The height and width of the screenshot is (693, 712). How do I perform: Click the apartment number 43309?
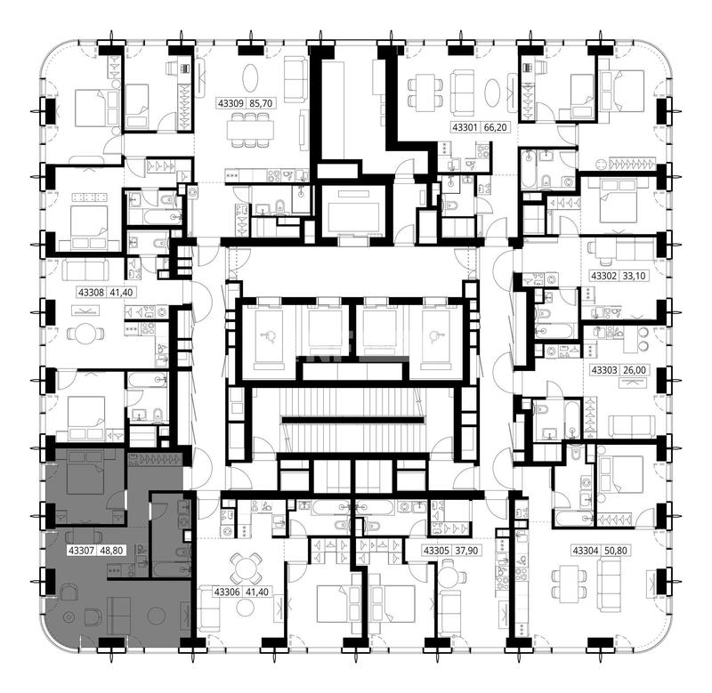click(231, 103)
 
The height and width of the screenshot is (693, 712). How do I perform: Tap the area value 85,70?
click(261, 103)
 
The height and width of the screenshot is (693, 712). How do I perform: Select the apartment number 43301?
click(465, 127)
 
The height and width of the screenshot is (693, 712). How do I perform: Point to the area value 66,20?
click(495, 127)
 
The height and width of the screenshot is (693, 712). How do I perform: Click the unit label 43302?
click(603, 276)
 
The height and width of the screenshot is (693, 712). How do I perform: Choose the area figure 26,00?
click(634, 370)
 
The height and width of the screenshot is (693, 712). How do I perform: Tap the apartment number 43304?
click(586, 551)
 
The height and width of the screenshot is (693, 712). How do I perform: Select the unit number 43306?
click(227, 592)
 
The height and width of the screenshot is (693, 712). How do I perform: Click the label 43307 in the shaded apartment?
click(81, 551)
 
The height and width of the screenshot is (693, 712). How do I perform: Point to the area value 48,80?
click(111, 551)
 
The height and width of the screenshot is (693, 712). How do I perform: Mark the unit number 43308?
click(92, 293)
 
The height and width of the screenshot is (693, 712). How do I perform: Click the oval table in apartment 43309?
click(251, 78)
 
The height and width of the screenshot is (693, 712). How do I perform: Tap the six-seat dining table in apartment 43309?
click(251, 130)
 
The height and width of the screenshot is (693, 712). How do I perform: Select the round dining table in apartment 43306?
click(246, 568)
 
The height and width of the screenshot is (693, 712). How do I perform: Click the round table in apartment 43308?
click(85, 334)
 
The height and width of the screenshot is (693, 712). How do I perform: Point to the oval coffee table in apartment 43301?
click(492, 93)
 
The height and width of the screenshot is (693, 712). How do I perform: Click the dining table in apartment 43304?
click(569, 584)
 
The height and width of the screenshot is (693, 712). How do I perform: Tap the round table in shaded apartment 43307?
click(157, 616)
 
